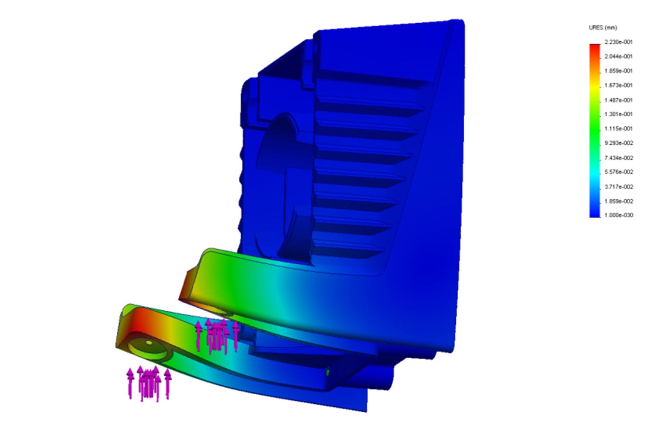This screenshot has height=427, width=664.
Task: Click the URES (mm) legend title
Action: pyautogui.click(x=603, y=28)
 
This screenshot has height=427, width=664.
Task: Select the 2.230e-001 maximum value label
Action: pyautogui.click(x=618, y=42)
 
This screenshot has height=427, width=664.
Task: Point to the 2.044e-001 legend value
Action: pyautogui.click(x=618, y=56)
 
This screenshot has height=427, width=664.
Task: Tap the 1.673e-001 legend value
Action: pyautogui.click(x=618, y=85)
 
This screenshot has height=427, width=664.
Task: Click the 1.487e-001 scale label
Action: pyautogui.click(x=618, y=100)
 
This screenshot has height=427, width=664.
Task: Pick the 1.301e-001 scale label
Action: pyautogui.click(x=618, y=114)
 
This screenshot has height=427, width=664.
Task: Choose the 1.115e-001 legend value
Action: pyautogui.click(x=618, y=129)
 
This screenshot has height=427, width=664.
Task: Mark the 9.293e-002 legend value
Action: pyautogui.click(x=618, y=143)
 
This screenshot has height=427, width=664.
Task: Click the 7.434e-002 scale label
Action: pyautogui.click(x=618, y=158)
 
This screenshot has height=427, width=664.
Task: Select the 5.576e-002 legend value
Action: pyautogui.click(x=618, y=172)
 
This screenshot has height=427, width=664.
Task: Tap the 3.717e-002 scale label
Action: pyautogui.click(x=618, y=187)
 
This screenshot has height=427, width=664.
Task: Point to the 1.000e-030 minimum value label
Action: pyautogui.click(x=618, y=215)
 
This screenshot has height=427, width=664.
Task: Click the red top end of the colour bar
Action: pyautogui.click(x=594, y=47)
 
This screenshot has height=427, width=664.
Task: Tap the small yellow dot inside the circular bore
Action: pyautogui.click(x=148, y=343)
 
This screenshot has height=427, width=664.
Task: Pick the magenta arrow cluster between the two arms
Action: pyautogui.click(x=217, y=336)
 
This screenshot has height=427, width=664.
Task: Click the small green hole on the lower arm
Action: pyautogui.click(x=328, y=372)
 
